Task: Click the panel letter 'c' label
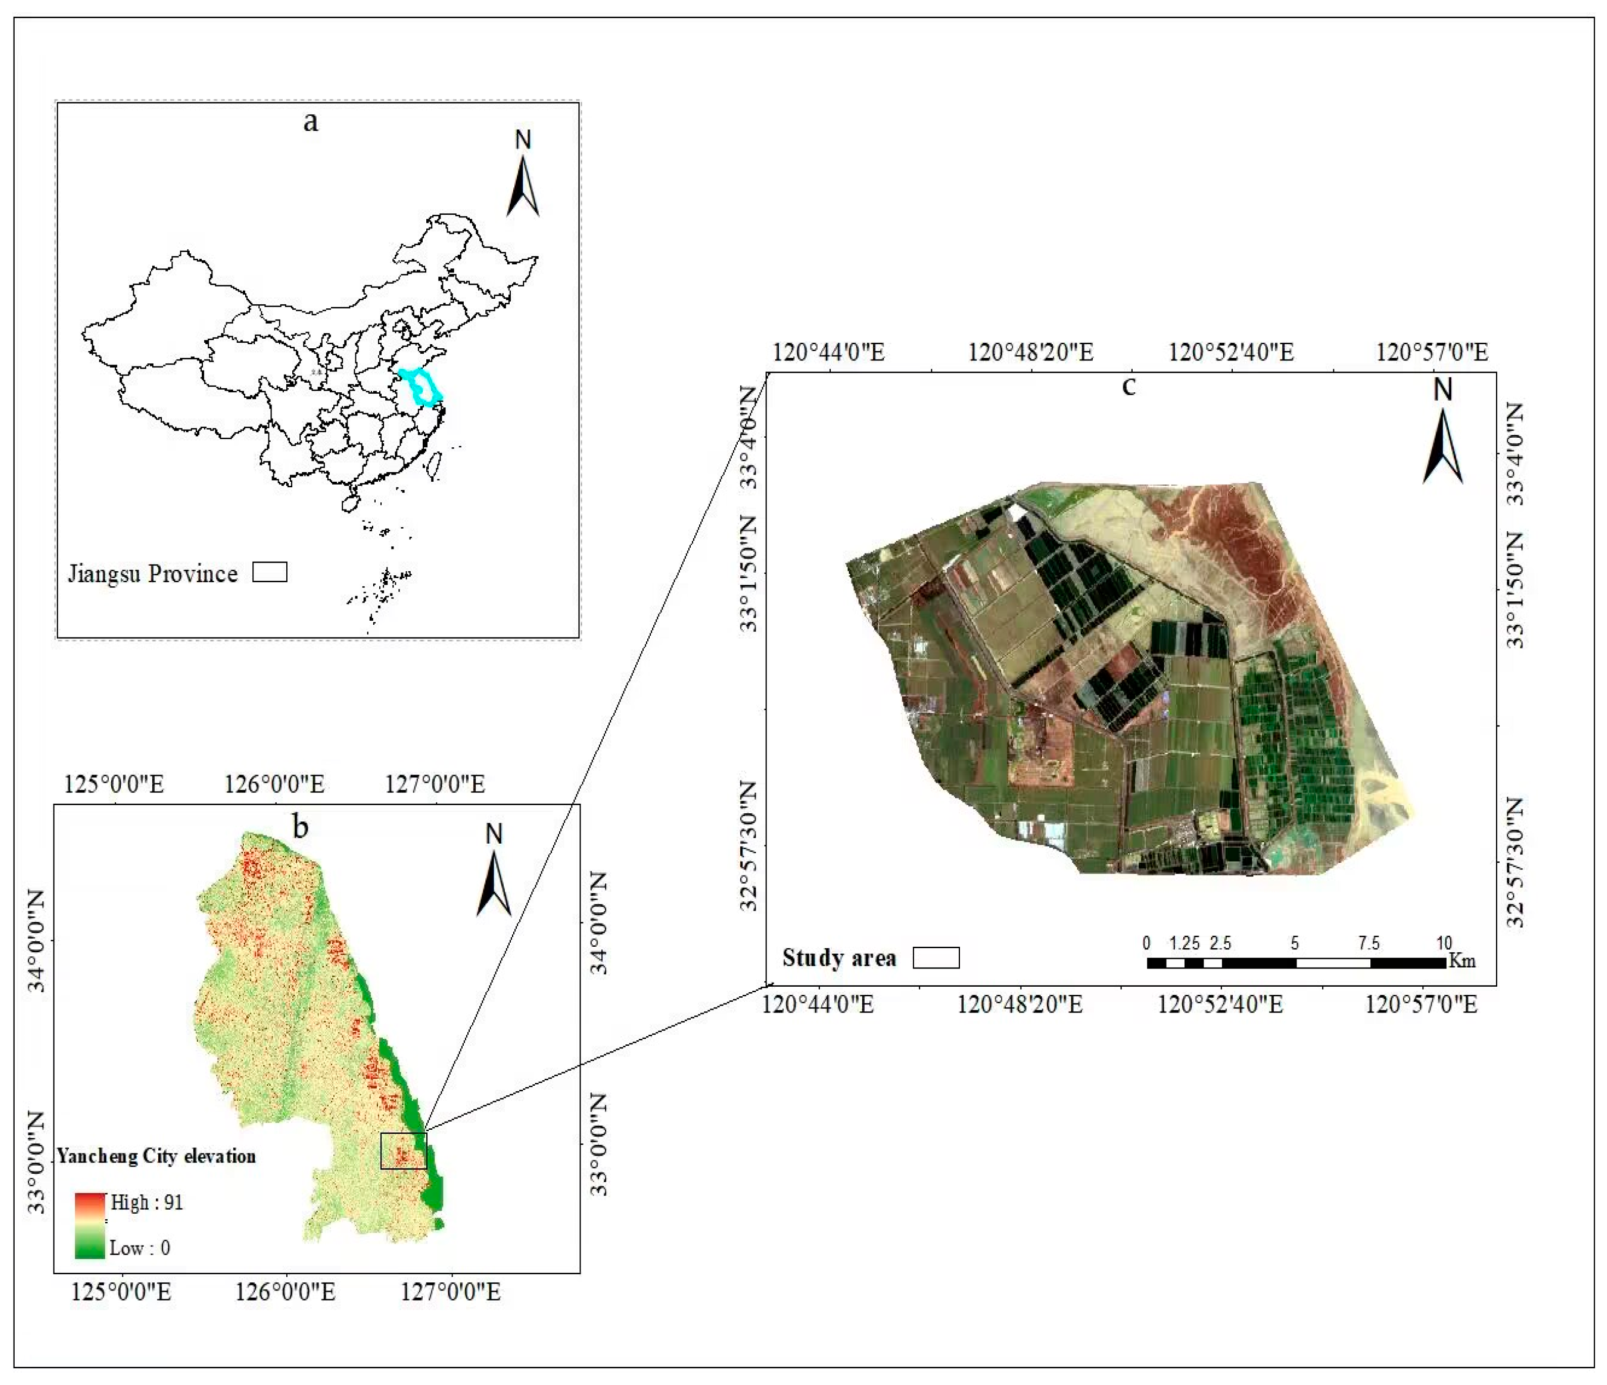pos(1129,385)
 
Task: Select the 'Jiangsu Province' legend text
pos(152,574)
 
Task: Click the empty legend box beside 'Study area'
pos(935,958)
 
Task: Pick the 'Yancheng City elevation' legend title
pos(156,1156)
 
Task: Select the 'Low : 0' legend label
pos(139,1248)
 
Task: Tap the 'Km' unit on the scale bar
pos(1462,961)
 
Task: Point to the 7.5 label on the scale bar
pos(1368,943)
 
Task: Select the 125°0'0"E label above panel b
pos(114,784)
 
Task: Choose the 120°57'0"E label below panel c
pos(1421,1005)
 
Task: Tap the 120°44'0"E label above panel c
pos(828,353)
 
